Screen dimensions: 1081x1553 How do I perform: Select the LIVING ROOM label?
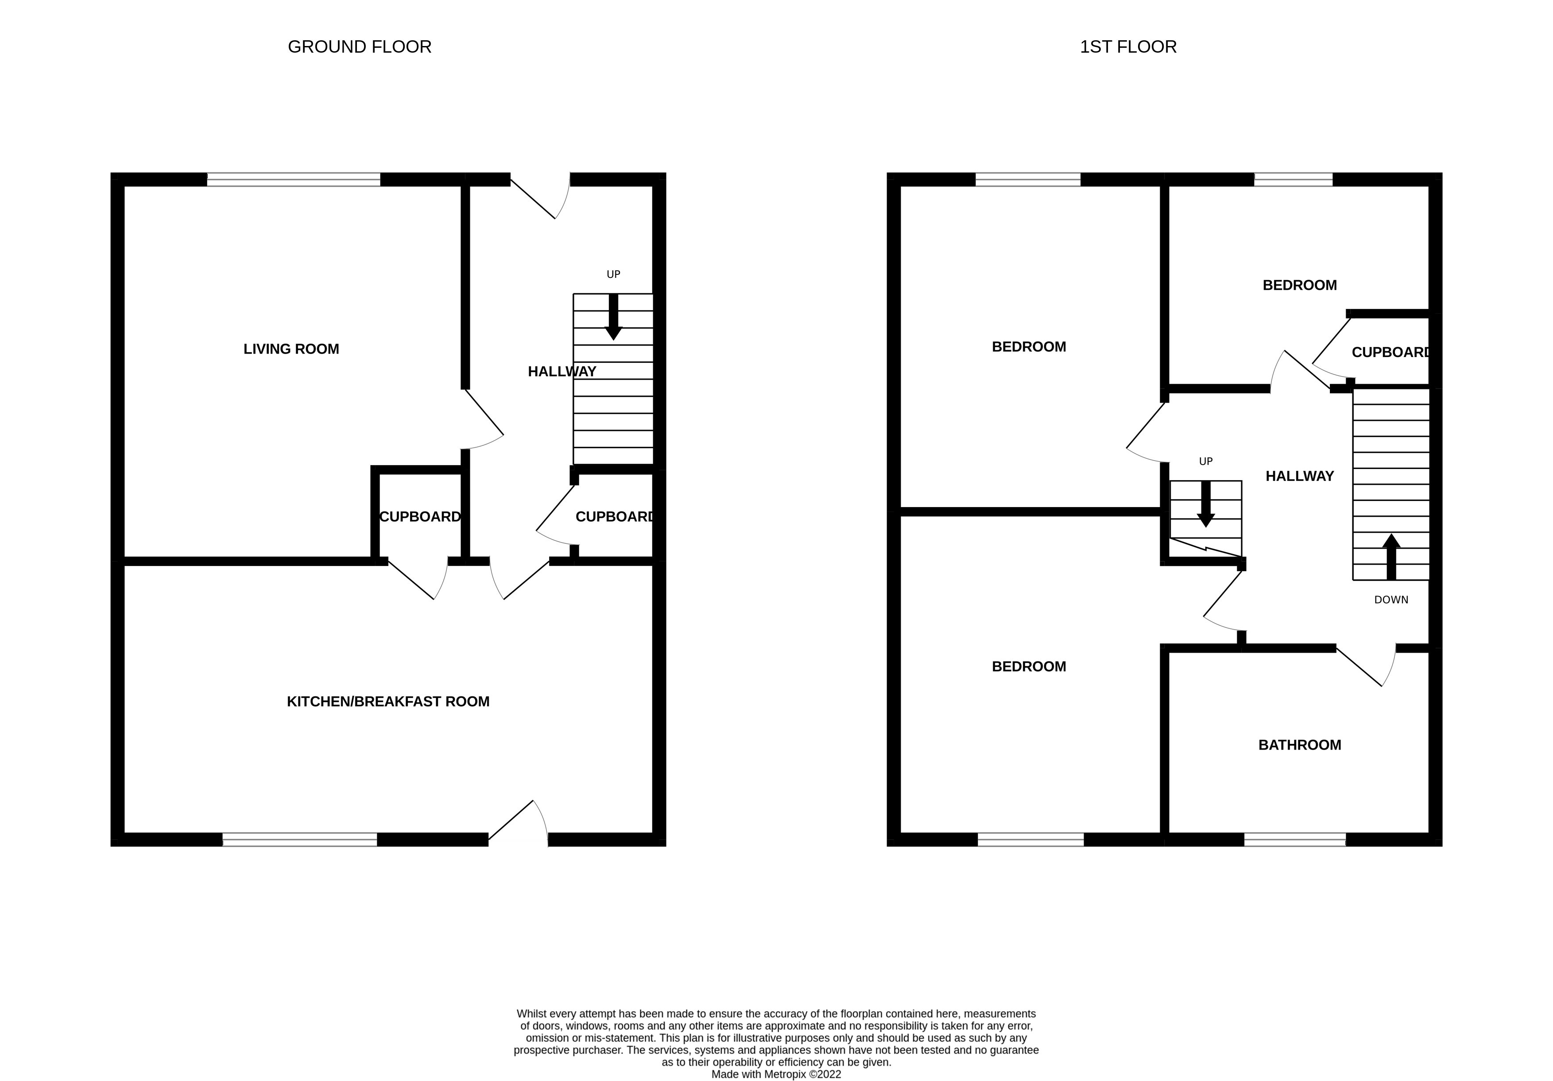pyautogui.click(x=291, y=349)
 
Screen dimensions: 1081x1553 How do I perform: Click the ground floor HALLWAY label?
pyautogui.click(x=562, y=371)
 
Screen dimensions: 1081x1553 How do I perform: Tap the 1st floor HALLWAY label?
pyautogui.click(x=1299, y=476)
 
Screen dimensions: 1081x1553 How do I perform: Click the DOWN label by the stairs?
pyautogui.click(x=1390, y=600)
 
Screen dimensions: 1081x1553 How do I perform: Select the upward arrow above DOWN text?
pyautogui.click(x=1390, y=556)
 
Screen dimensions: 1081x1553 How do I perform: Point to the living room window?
pyautogui.click(x=294, y=179)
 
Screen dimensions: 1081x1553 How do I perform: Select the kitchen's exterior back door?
pyautogui.click(x=519, y=821)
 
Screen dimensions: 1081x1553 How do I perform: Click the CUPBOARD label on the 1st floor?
pyautogui.click(x=1390, y=352)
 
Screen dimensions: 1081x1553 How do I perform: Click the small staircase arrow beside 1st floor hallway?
pyautogui.click(x=1205, y=504)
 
